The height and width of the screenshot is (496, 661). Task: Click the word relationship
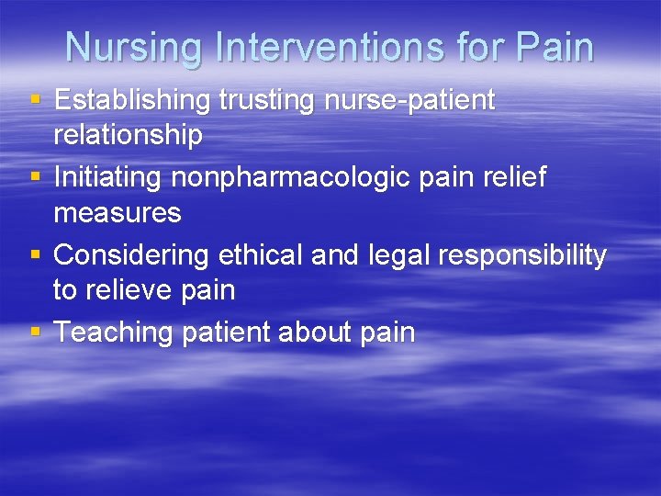click(x=128, y=135)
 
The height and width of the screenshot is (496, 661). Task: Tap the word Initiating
click(x=106, y=177)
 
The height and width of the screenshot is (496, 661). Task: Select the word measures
click(x=118, y=213)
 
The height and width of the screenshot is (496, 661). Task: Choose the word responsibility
click(x=522, y=254)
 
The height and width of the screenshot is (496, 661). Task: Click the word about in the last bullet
click(x=299, y=332)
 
